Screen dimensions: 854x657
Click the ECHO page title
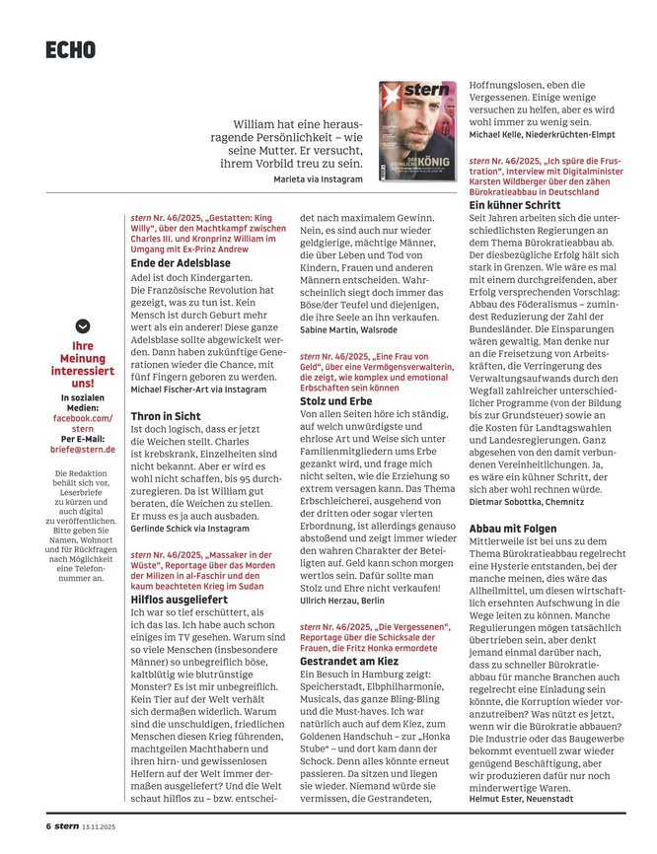coord(70,49)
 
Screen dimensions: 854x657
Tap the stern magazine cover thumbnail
coord(418,128)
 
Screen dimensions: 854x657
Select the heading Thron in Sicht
coord(166,417)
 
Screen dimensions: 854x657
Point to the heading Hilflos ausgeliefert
coord(180,599)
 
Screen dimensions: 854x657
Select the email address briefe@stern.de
coord(83,449)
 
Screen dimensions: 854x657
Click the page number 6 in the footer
coord(46,825)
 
